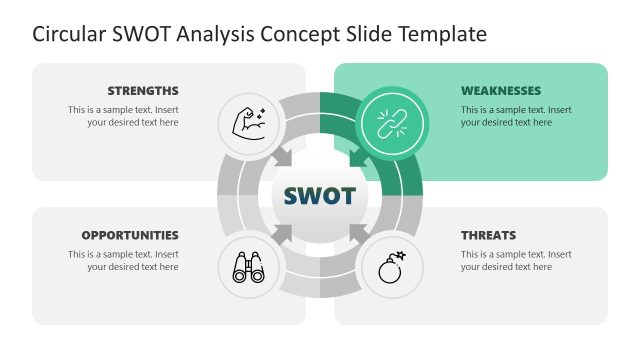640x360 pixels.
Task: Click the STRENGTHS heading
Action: click(x=143, y=90)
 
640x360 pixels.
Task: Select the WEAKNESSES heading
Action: click(x=501, y=90)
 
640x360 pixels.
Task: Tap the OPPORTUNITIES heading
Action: click(x=130, y=235)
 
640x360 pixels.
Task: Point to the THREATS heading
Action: click(x=488, y=235)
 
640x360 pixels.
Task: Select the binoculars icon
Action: click(x=248, y=267)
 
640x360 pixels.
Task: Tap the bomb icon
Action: click(x=391, y=267)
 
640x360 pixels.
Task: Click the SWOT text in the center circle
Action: click(x=319, y=195)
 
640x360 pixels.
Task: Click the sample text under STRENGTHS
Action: click(x=123, y=116)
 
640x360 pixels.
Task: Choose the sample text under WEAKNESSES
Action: click(x=516, y=116)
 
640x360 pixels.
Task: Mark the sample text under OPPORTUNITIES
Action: click(x=123, y=260)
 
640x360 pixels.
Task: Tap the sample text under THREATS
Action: click(x=516, y=260)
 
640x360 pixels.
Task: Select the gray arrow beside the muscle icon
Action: click(x=284, y=157)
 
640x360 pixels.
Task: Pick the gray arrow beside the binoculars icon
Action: click(x=284, y=233)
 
